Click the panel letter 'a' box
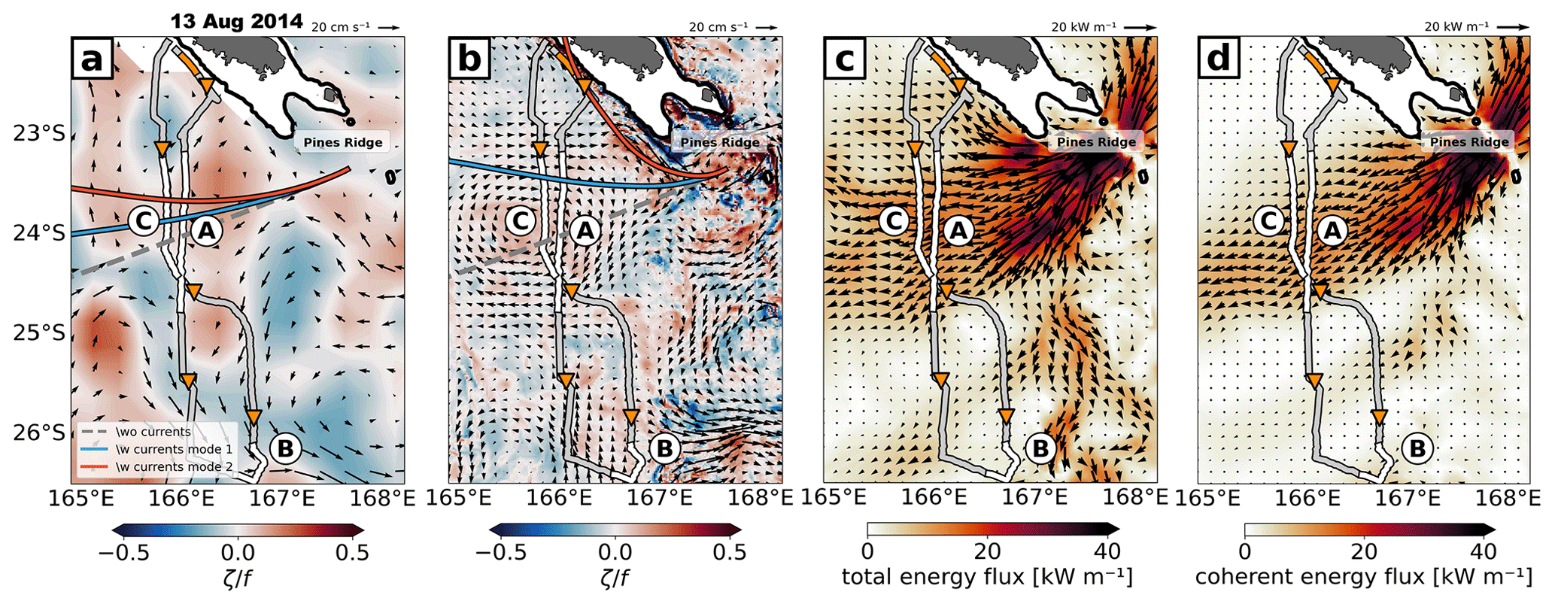click(92, 59)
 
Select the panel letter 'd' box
click(1218, 59)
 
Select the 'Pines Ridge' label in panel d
click(1468, 142)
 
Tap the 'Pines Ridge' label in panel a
click(342, 142)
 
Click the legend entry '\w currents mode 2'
click(174, 467)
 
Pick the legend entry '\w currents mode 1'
click(174, 450)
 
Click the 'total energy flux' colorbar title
click(986, 578)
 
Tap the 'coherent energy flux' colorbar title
click(1363, 578)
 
